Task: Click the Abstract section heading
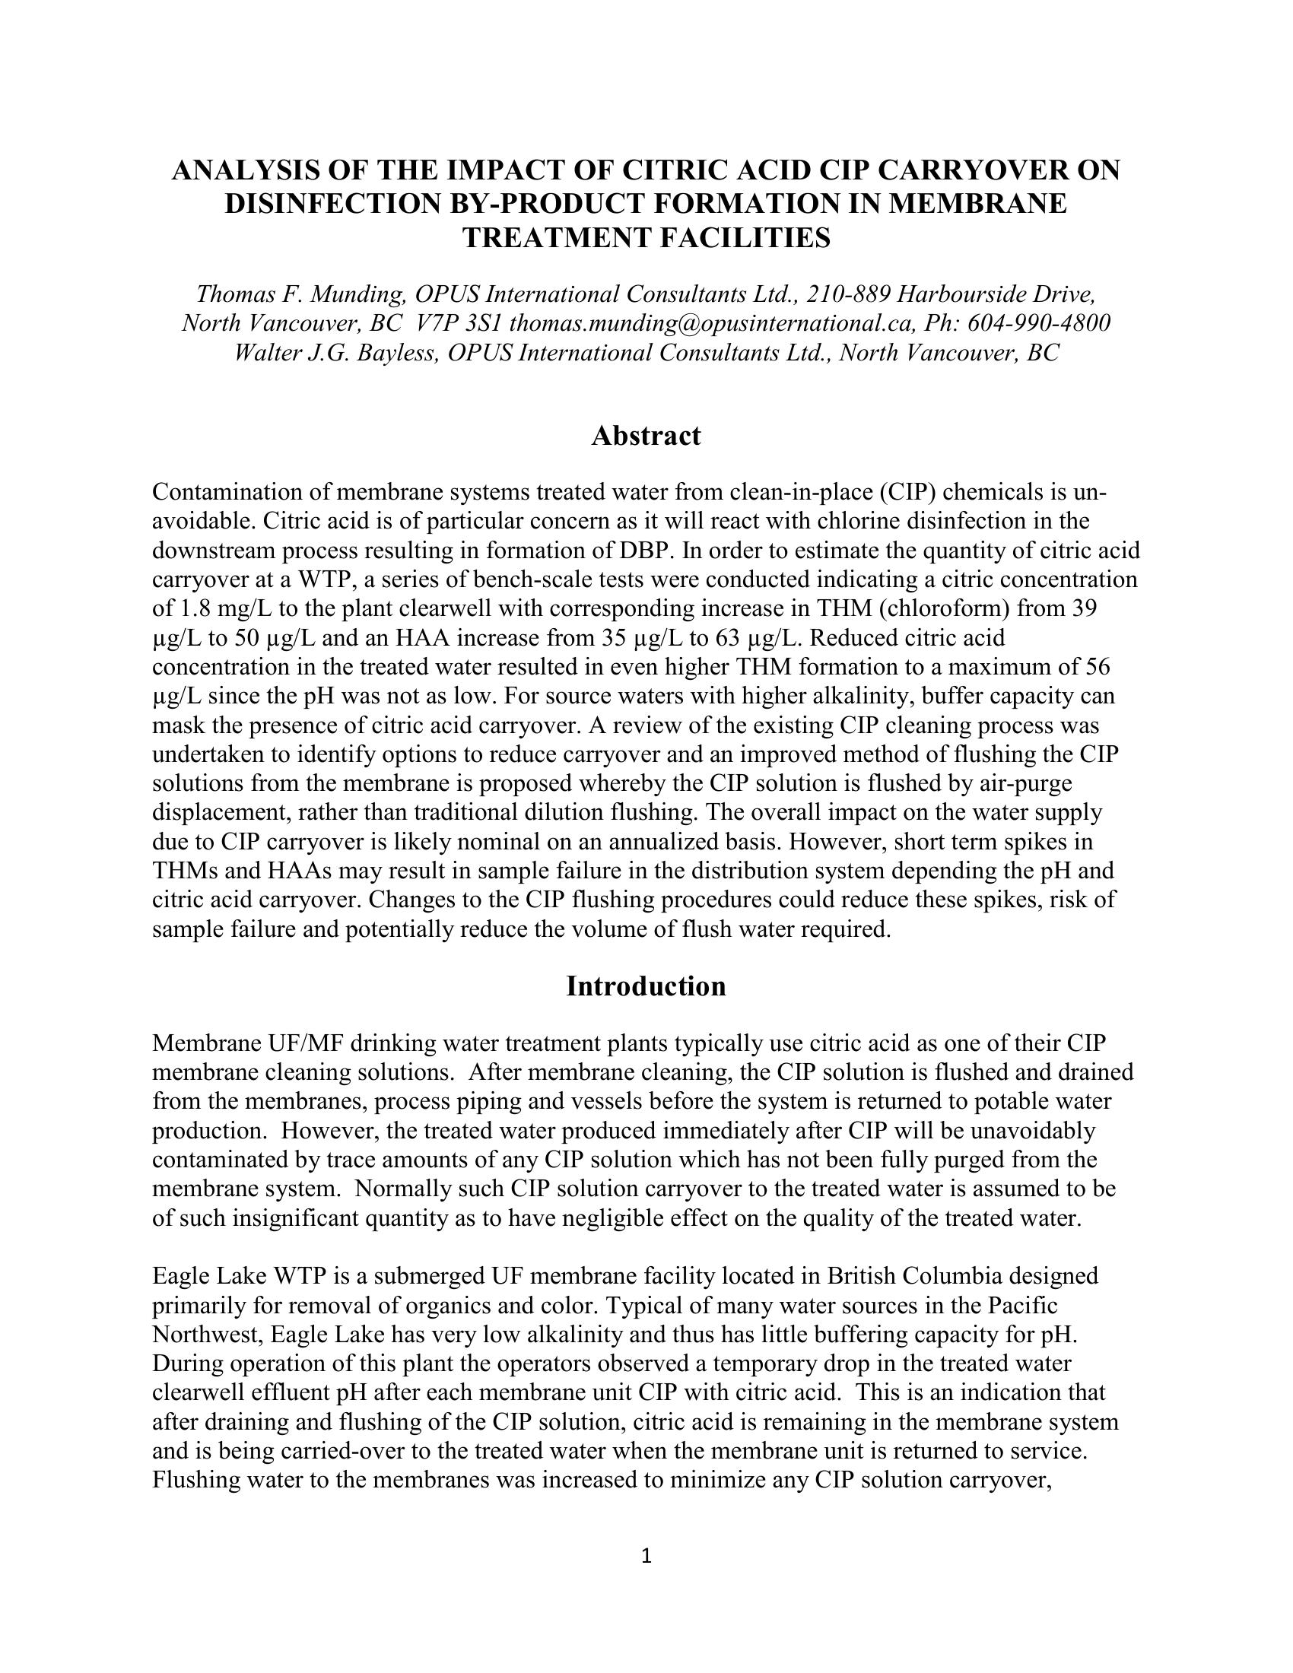coord(646,436)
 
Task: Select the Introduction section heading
coord(646,986)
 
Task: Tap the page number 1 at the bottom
coord(646,1556)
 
